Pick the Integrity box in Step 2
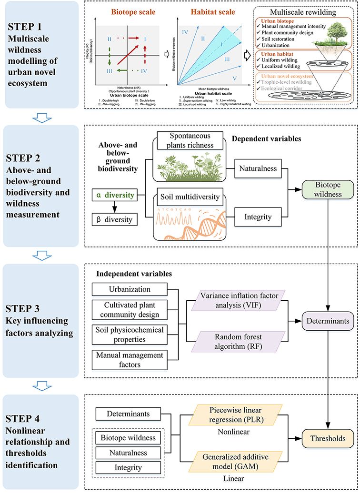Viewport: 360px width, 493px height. pyautogui.click(x=259, y=217)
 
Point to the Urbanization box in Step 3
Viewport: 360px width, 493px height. pyautogui.click(x=130, y=289)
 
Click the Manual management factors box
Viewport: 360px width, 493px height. pyautogui.click(x=130, y=360)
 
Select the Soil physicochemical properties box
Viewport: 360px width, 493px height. pyautogui.click(x=130, y=335)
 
